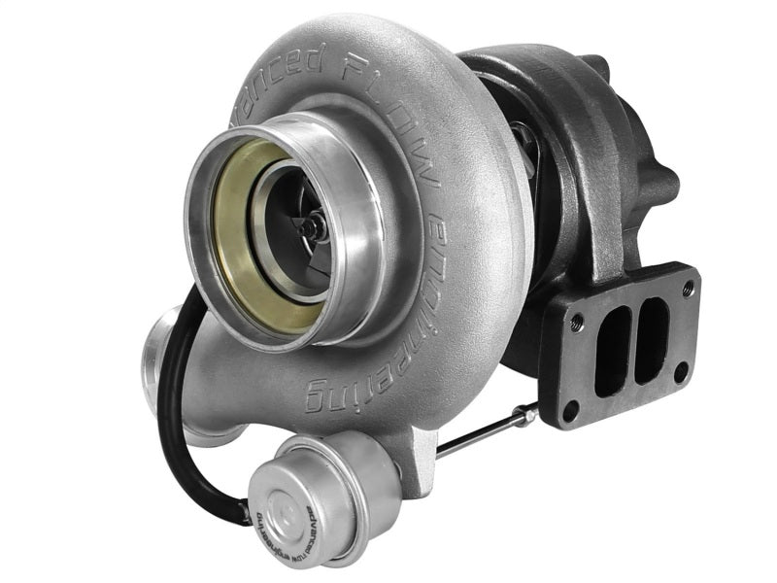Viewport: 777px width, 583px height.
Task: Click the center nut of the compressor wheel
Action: coord(308,227)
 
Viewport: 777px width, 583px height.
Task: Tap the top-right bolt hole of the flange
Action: coord(688,289)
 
